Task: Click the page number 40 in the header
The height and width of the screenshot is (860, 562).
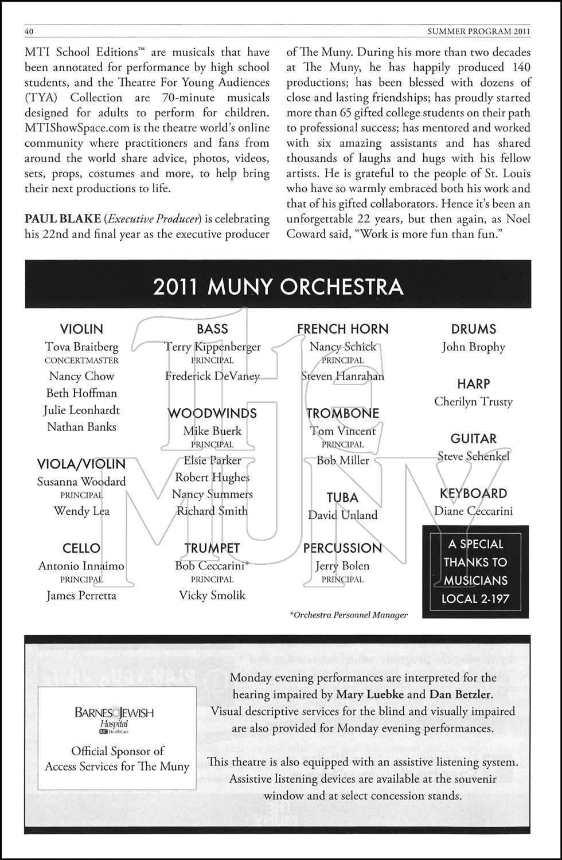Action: (x=29, y=30)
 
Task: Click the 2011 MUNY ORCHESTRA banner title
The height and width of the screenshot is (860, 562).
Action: (x=278, y=287)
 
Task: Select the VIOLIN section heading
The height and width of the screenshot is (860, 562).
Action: (x=81, y=329)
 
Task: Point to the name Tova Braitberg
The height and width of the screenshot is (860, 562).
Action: (x=81, y=347)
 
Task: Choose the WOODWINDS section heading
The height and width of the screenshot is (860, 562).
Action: (x=212, y=413)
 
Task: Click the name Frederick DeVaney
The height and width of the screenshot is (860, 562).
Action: (x=212, y=376)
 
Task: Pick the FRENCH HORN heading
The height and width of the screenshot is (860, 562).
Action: (x=342, y=329)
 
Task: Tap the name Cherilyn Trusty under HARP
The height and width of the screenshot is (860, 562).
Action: (x=473, y=401)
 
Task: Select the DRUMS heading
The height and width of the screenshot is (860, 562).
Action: (x=473, y=329)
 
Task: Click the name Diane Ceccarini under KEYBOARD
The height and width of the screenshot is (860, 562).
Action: (x=473, y=511)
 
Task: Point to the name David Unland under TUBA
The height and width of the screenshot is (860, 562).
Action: (x=342, y=515)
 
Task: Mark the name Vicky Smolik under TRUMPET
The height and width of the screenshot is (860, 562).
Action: (x=212, y=595)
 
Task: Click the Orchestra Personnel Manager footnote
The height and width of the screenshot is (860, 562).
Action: (x=349, y=615)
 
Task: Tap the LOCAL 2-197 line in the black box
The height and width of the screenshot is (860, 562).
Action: (x=475, y=599)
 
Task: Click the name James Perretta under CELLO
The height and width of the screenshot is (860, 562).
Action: (x=81, y=595)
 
